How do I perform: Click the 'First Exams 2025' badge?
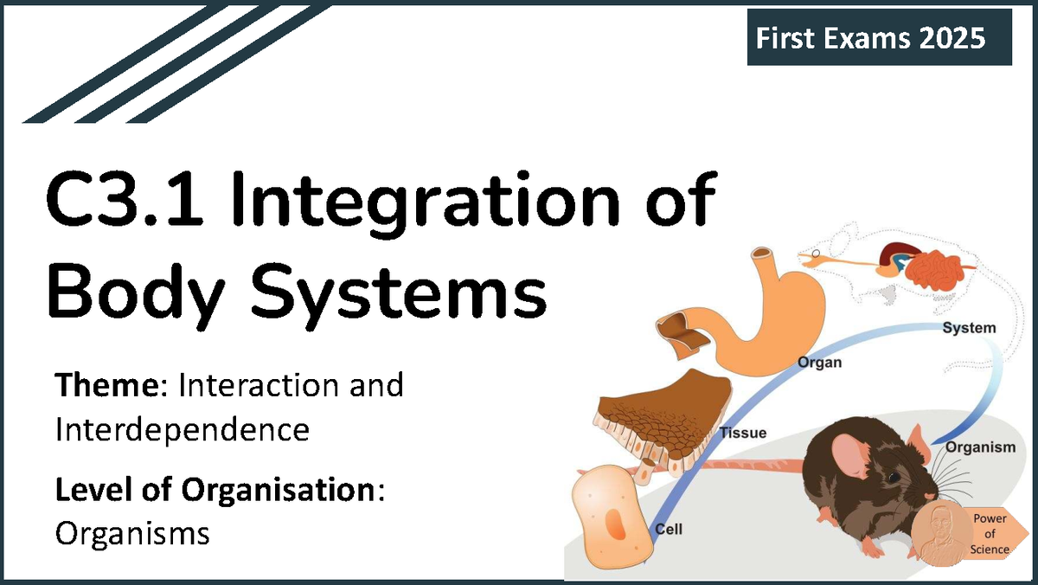(879, 38)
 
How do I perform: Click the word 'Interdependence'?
(182, 429)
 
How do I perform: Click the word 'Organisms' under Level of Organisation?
(132, 533)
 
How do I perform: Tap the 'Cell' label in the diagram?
(669, 529)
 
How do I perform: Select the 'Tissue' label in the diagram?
(743, 433)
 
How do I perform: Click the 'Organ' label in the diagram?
(819, 363)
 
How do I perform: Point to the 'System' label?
(968, 328)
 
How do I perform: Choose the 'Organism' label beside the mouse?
(979, 447)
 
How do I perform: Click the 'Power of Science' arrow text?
(990, 534)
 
